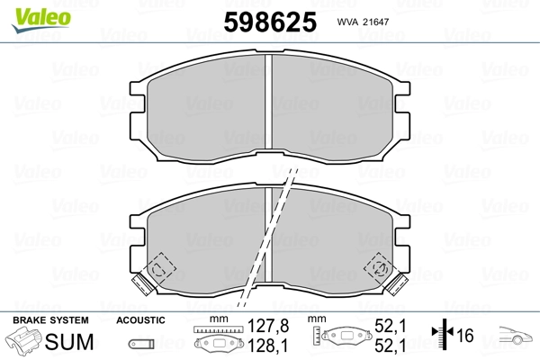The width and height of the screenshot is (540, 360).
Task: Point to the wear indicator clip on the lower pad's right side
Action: coord(382,266)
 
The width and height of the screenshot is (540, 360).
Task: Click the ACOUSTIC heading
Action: coord(139,320)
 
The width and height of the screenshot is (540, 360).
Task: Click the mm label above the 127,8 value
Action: coord(215,320)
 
